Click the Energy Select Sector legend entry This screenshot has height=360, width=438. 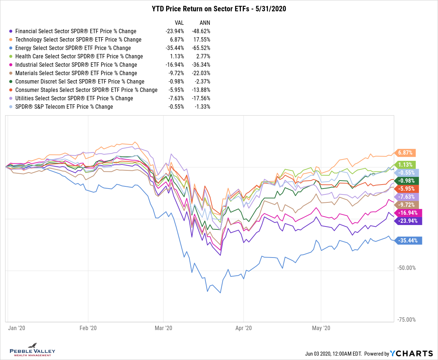coord(73,48)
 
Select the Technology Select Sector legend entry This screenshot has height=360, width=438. coord(78,39)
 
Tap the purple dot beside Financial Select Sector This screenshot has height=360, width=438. coord(11,31)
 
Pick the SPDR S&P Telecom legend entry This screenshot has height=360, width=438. coord(64,107)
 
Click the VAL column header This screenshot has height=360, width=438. coord(179,23)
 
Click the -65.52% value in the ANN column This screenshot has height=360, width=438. coord(200,48)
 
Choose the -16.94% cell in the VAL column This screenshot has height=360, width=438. coord(174,65)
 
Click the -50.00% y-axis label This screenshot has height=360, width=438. coord(406,268)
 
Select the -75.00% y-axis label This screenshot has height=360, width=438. coord(406,320)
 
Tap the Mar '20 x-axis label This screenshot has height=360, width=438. coord(163,328)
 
